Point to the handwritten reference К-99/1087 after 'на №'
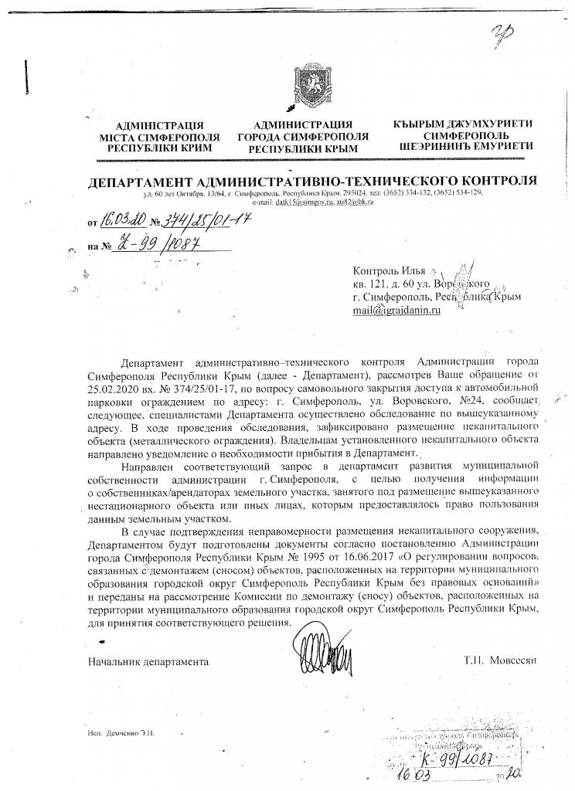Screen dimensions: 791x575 tap(158, 248)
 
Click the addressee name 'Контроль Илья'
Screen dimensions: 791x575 tap(389, 270)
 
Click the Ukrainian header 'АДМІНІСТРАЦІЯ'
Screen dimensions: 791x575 tap(158, 125)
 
